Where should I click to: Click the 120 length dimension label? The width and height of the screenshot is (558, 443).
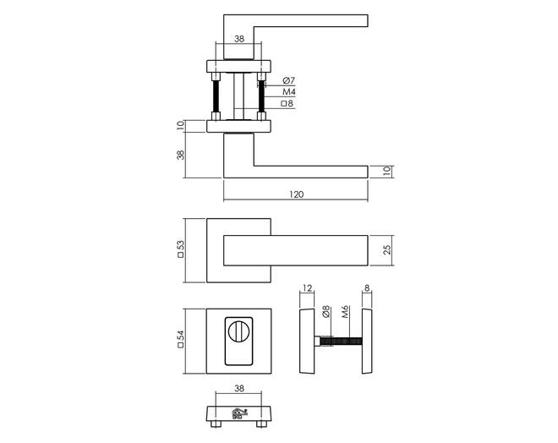(x=297, y=194)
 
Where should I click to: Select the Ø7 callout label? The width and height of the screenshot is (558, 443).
(x=288, y=80)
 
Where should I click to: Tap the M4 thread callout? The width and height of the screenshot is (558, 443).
(x=289, y=92)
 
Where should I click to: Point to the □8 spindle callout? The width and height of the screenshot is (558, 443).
(x=287, y=103)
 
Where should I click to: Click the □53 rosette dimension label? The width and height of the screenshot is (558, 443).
(x=181, y=249)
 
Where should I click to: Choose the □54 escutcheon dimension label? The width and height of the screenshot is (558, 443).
(x=181, y=339)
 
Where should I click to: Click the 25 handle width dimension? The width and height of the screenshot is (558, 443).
(x=387, y=249)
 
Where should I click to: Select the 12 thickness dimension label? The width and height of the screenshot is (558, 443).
(x=308, y=287)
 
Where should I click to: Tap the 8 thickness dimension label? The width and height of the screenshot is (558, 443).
(x=367, y=287)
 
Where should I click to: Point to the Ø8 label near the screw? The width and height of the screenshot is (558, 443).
(x=326, y=312)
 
